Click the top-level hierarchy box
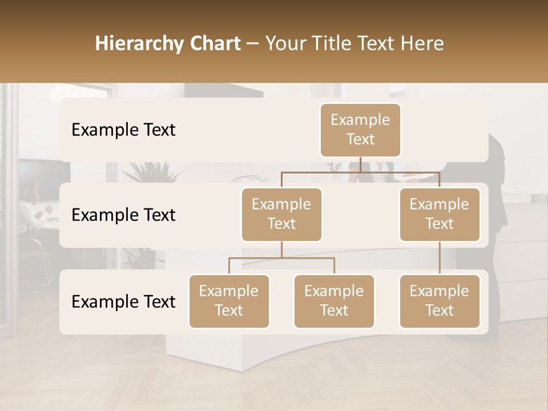(360, 130)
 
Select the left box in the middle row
(281, 215)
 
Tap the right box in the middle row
(440, 215)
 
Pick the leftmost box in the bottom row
(229, 301)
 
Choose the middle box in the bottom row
(334, 301)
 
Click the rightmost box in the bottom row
(440, 301)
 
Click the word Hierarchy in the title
(139, 44)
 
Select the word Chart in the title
(214, 44)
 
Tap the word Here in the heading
(422, 44)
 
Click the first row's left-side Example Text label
(123, 130)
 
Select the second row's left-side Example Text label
(123, 215)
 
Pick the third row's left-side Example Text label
(123, 302)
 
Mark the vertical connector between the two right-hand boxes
(440, 257)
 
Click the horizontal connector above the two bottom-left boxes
(281, 258)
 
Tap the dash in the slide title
(253, 44)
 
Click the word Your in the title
(284, 44)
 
